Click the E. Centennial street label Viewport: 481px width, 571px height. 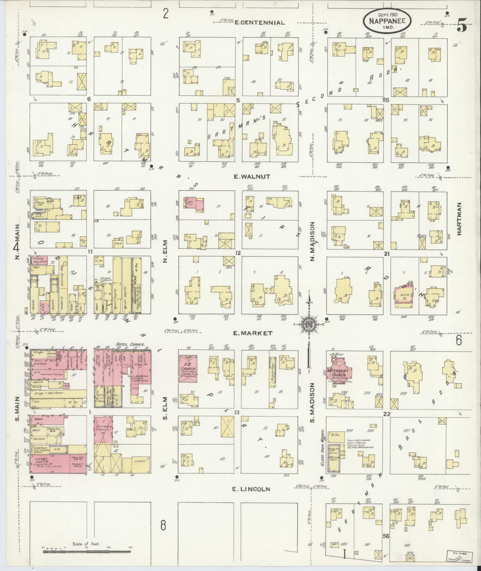tap(260, 23)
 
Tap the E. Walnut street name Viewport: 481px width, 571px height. tap(252, 177)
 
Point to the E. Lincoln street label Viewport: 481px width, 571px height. tap(250, 489)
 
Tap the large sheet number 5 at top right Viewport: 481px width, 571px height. tap(462, 26)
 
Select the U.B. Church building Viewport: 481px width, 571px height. tap(189, 368)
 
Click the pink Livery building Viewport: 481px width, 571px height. tap(103, 429)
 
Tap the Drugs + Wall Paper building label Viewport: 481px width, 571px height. tap(50, 393)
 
